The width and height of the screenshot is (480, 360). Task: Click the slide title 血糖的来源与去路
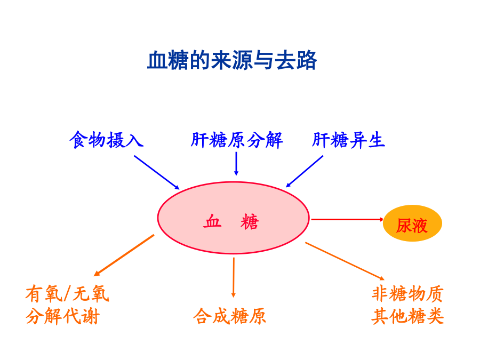coord(232,60)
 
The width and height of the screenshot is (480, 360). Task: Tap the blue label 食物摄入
coord(107,140)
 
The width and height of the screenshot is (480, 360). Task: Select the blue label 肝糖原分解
coord(237,140)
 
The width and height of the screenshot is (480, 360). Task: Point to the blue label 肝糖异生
coord(348,140)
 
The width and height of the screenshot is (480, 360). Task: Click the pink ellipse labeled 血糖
coord(233,218)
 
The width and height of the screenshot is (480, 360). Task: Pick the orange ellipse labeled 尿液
coord(412,223)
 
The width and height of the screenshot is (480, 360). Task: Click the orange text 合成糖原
coord(229,316)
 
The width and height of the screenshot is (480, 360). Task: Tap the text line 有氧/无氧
coord(67,293)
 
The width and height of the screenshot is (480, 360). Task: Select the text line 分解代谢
coord(62,316)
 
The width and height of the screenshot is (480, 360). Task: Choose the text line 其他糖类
coord(408,316)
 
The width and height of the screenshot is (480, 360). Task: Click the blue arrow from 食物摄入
coord(157,173)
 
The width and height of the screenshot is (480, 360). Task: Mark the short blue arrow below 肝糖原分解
coord(236,164)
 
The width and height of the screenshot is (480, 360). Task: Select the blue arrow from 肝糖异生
coord(305,171)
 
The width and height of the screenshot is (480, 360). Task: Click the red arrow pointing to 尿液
coord(347,220)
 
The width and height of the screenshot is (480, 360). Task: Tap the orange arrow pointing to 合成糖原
coord(234,277)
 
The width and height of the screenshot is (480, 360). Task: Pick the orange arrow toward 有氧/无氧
coord(124,255)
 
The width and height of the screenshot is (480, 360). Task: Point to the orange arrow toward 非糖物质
coord(345,261)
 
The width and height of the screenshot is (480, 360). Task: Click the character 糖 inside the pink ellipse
coord(250,222)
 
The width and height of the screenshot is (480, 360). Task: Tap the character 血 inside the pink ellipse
coord(212,221)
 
